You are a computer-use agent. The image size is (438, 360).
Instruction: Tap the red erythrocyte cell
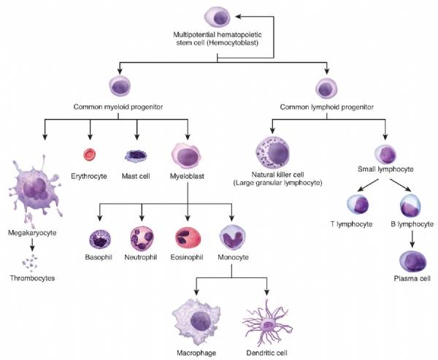[x=90, y=153]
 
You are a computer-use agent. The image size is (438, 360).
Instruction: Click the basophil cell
[x=99, y=240]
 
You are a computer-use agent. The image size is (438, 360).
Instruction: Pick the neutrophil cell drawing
[x=142, y=240]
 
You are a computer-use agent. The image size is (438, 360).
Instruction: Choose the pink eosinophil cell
[x=188, y=240]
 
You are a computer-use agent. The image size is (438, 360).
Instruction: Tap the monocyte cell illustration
[x=232, y=239]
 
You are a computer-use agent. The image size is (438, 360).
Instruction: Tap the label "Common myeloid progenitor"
[x=118, y=107]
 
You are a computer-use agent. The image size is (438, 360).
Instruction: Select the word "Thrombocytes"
[x=32, y=278]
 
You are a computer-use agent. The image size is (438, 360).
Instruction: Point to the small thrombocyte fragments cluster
[x=31, y=260]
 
